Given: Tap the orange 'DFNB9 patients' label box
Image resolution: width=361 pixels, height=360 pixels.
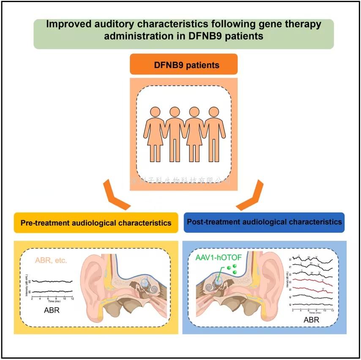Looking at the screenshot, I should [x=183, y=65].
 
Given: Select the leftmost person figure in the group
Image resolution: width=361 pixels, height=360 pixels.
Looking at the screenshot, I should [x=154, y=133].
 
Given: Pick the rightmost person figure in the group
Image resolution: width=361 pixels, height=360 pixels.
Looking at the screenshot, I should [x=213, y=133].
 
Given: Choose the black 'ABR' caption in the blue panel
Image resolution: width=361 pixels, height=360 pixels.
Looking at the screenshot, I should [x=311, y=320].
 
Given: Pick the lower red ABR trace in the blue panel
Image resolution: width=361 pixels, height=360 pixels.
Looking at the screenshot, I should [x=313, y=289].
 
